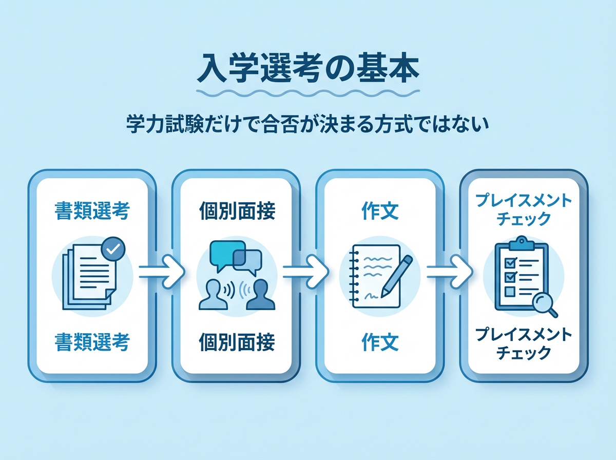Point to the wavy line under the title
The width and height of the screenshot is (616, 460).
(308, 93)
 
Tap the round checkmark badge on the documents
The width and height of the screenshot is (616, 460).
(113, 249)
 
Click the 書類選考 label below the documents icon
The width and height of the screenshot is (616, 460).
(92, 342)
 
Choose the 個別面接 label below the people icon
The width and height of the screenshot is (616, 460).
(237, 342)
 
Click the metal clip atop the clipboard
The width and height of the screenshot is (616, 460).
(522, 242)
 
